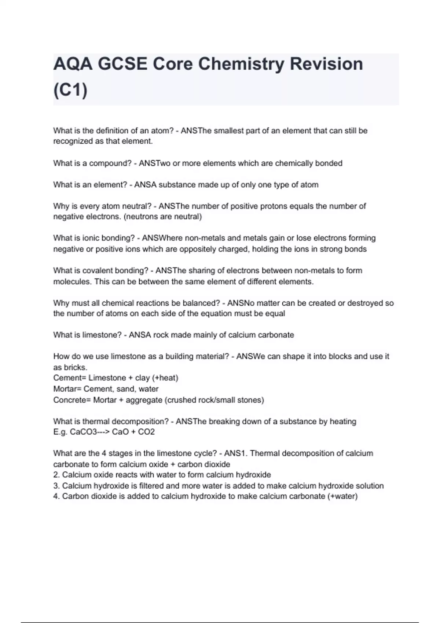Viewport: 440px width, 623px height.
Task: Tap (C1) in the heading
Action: [70, 90]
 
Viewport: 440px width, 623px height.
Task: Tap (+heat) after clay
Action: [165, 378]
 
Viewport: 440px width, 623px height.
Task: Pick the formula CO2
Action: [146, 432]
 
